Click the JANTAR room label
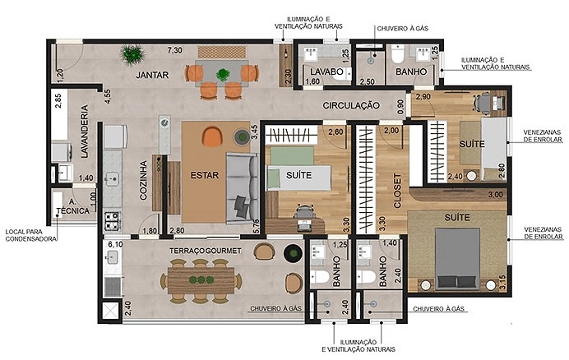[x=152, y=75]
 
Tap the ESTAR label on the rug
[x=205, y=175]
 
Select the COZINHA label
[x=144, y=180]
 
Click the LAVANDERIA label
[x=85, y=131]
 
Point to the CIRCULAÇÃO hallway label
[x=351, y=105]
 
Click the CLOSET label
[x=398, y=191]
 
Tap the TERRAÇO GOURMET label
[x=206, y=251]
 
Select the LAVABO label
[x=326, y=72]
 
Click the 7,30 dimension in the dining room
[x=174, y=50]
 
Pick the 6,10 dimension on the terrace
[x=115, y=245]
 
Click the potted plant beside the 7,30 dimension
[x=133, y=55]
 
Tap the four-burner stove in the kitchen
[x=112, y=221]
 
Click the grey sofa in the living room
[x=242, y=189]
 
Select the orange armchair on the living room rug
[x=212, y=136]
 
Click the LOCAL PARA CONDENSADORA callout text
[x=31, y=235]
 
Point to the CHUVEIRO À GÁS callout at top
[x=402, y=28]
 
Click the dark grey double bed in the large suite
[x=457, y=259]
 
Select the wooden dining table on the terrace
[x=201, y=280]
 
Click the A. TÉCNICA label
[x=72, y=206]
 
